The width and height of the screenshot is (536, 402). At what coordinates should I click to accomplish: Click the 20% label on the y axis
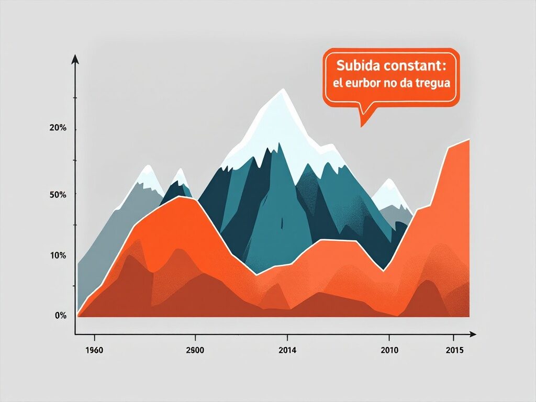[58, 128]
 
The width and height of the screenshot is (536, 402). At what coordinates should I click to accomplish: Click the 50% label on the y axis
[58, 195]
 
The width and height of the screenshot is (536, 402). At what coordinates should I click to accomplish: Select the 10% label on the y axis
[58, 255]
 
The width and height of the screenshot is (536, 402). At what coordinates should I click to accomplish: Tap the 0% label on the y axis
[61, 315]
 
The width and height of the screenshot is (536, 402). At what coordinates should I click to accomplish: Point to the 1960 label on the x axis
[94, 350]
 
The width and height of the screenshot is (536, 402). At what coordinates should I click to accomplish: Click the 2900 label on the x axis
[195, 350]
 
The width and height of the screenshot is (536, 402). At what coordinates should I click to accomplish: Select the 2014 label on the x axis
[287, 350]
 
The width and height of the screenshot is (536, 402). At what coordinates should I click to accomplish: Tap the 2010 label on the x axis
[389, 350]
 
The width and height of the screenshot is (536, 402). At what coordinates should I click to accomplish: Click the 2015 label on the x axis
[455, 350]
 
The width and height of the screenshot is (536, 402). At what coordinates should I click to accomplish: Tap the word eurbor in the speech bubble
[363, 83]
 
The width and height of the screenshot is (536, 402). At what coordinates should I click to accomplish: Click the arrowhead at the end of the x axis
[472, 334]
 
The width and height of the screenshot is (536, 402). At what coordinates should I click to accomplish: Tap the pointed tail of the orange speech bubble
[361, 127]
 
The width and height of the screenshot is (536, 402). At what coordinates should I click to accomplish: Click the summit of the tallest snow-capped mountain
[283, 89]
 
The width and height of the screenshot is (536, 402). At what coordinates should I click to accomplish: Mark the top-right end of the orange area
[470, 139]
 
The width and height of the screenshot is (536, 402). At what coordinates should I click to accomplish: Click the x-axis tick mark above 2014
[287, 337]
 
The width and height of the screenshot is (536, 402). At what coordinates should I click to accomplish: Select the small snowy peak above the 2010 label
[389, 179]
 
